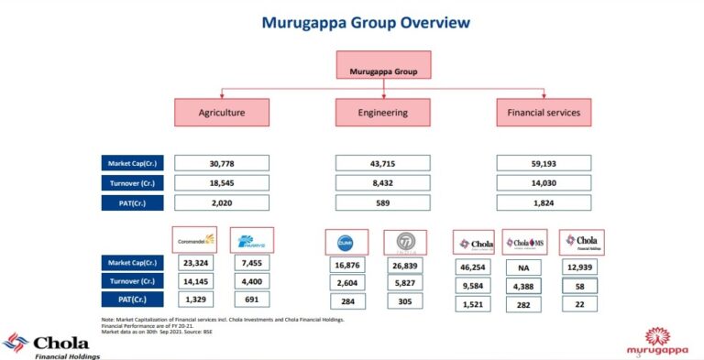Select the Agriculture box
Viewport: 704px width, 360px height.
222,113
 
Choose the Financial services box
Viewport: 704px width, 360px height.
544,113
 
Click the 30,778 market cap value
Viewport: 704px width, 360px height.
222,163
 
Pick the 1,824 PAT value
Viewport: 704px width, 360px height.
544,203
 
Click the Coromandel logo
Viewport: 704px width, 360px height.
194,241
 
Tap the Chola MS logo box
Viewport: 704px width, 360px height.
525,243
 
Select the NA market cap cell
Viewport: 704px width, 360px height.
525,267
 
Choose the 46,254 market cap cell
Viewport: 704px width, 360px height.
474,267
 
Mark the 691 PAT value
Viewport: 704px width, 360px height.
252,300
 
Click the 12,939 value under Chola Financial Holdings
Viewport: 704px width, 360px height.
581,267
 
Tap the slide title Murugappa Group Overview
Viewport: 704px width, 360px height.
352,21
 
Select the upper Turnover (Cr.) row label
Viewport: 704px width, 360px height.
133,183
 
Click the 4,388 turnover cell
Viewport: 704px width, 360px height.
525,285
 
